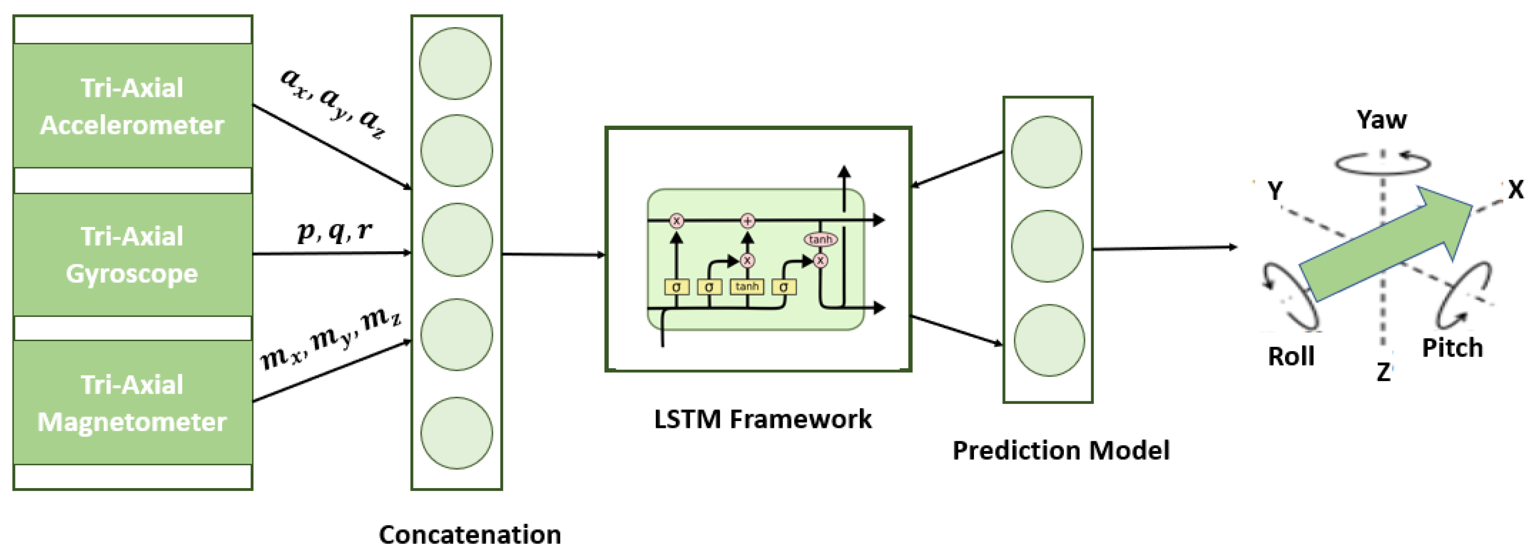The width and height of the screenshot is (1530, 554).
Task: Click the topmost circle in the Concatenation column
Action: click(x=456, y=64)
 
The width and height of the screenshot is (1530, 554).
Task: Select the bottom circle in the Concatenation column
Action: click(x=456, y=433)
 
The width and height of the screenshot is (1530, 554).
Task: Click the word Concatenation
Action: click(x=470, y=534)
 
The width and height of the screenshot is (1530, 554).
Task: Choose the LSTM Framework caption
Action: click(x=763, y=419)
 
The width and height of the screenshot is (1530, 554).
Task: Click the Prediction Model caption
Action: click(x=1061, y=450)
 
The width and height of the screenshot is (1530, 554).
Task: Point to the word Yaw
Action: click(x=1381, y=120)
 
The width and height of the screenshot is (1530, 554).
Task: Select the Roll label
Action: click(x=1291, y=356)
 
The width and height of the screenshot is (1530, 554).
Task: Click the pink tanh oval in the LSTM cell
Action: click(x=820, y=239)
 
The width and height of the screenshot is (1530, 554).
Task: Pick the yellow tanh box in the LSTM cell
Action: click(x=747, y=287)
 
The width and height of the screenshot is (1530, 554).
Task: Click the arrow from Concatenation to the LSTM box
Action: click(x=553, y=255)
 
